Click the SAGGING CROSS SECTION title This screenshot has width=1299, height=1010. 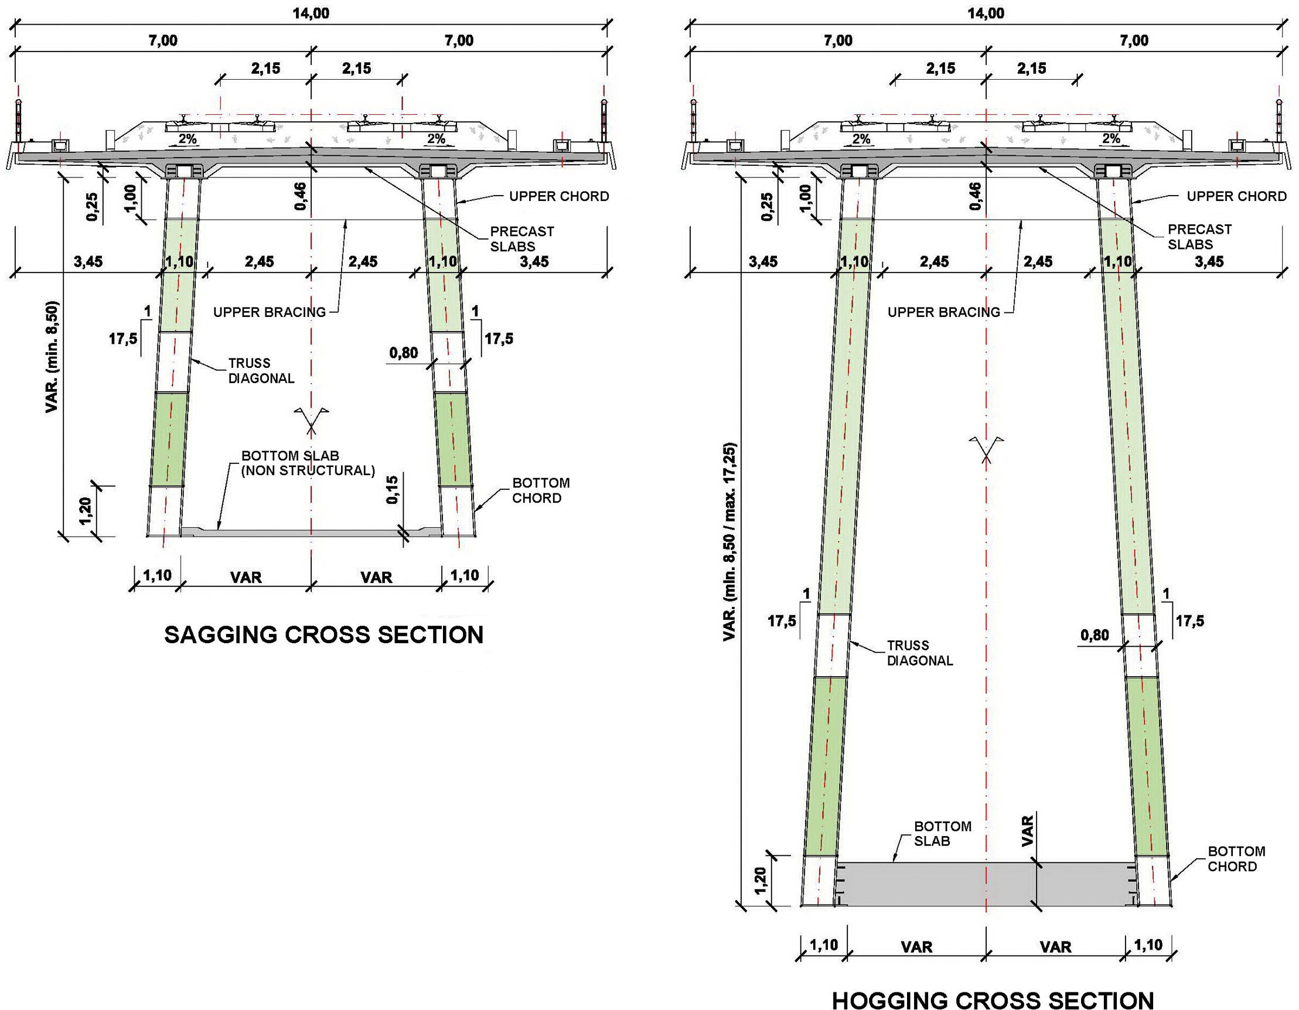pyautogui.click(x=323, y=634)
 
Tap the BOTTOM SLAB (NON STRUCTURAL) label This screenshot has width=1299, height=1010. pyautogui.click(x=308, y=463)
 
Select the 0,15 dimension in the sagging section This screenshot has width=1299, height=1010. pyautogui.click(x=393, y=490)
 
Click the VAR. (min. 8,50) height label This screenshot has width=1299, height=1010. pyautogui.click(x=52, y=357)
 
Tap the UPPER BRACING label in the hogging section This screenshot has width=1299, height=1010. pyautogui.click(x=943, y=312)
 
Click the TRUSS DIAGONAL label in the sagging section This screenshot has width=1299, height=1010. pyautogui.click(x=261, y=371)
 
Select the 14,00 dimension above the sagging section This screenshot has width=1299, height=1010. pyautogui.click(x=311, y=13)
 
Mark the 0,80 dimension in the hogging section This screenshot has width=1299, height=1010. pyautogui.click(x=1095, y=635)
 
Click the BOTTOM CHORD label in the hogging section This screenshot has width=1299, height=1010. pyautogui.click(x=1236, y=859)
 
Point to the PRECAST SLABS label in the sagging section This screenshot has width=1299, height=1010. pyautogui.click(x=521, y=238)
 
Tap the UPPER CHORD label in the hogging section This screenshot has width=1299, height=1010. pyautogui.click(x=1236, y=196)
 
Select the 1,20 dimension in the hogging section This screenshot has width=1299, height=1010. pyautogui.click(x=759, y=881)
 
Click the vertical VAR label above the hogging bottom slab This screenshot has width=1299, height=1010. pyautogui.click(x=1027, y=831)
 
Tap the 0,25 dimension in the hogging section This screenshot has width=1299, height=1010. pyautogui.click(x=767, y=206)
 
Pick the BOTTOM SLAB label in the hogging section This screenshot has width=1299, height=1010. pyautogui.click(x=942, y=833)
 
